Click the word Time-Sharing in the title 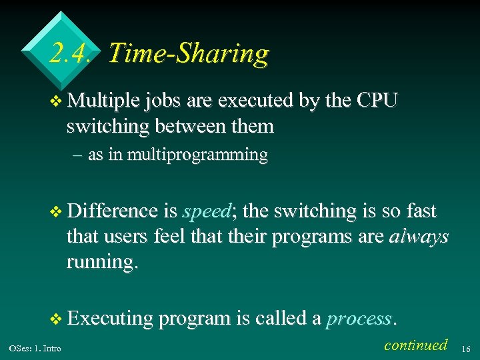coord(188,53)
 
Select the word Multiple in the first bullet coord(103,101)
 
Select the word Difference coord(112,211)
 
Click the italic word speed coord(206,212)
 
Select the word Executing coord(111,319)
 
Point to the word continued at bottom coord(416,345)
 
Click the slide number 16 coord(466,347)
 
